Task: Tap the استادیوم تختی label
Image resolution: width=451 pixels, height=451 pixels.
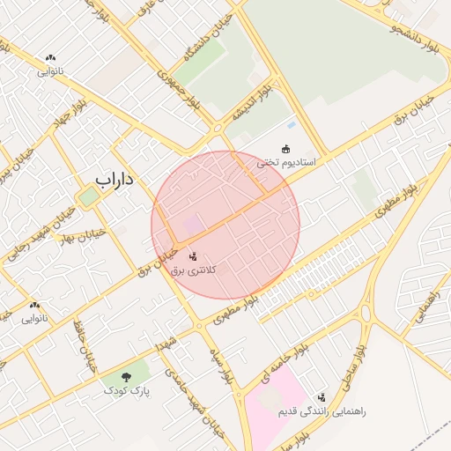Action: (286, 163)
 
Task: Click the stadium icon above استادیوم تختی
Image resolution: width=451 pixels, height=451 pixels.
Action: (285, 148)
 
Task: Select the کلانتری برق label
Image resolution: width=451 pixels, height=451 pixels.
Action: (195, 271)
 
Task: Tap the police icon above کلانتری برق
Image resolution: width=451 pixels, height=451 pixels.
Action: (194, 256)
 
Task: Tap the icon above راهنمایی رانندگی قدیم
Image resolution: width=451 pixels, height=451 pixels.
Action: (322, 397)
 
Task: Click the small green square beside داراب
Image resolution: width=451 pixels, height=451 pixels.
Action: (88, 196)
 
